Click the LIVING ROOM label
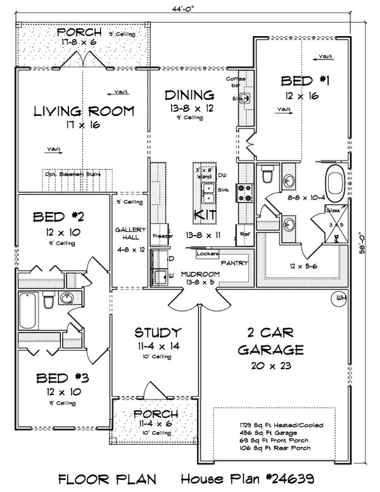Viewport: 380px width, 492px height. [x=84, y=111]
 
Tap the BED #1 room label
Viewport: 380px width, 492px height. [x=298, y=81]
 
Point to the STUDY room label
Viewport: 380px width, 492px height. [x=158, y=332]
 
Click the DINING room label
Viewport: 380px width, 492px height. [x=189, y=95]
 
